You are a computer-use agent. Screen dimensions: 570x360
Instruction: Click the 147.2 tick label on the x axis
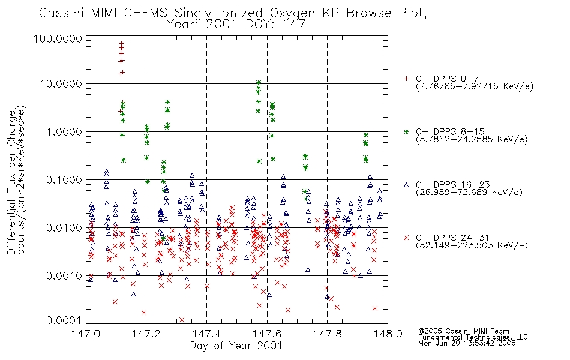pos(146,334)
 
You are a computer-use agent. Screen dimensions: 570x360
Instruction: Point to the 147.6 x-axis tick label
pos(267,334)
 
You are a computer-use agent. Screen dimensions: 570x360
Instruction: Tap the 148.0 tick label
pos(388,334)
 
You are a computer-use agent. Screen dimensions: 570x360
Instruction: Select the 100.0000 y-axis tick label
pos(58,39)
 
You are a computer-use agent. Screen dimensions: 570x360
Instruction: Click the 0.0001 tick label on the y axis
pos(64,320)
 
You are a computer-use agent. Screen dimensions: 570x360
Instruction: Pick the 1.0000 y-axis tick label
pos(64,131)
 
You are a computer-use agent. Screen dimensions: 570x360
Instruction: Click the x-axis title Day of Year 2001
pos(236,346)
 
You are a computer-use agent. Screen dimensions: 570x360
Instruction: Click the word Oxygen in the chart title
pos(292,13)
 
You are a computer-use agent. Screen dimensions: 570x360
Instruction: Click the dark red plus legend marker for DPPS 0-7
pos(406,79)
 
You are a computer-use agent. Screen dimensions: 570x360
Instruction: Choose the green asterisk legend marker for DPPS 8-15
pos(406,131)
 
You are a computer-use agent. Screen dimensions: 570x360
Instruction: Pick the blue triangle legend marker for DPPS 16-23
pos(406,185)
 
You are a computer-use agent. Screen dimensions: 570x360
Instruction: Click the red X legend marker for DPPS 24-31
pos(406,238)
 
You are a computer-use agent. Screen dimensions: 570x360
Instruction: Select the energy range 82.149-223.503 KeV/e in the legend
pos(472,245)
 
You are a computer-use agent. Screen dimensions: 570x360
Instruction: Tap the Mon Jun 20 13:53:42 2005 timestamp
pos(467,343)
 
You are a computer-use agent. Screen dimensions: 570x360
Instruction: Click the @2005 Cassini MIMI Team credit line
pos(463,331)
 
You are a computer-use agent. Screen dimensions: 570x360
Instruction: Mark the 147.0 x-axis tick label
pos(86,334)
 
